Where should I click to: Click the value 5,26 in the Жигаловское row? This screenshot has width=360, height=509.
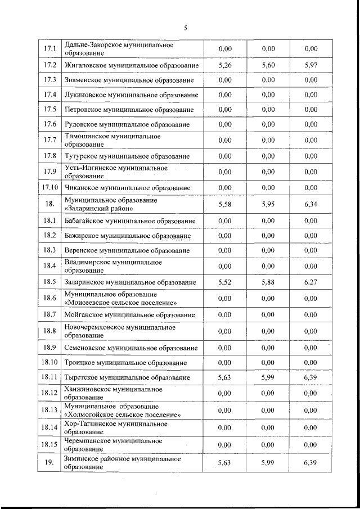(x=225, y=65)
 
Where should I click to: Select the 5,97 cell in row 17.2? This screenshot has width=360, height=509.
(x=311, y=65)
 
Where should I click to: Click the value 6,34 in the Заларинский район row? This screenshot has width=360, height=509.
(x=311, y=204)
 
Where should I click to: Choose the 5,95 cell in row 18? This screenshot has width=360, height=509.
(x=268, y=204)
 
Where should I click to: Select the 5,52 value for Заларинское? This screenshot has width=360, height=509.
(x=225, y=282)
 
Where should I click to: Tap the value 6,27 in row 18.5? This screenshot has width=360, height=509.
(x=311, y=282)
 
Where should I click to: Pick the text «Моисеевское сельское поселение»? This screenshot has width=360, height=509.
(x=121, y=302)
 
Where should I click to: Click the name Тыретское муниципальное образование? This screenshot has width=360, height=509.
(x=127, y=377)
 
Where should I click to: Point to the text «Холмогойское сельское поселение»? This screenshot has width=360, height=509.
(x=123, y=415)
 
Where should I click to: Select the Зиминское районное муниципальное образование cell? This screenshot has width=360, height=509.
(x=122, y=463)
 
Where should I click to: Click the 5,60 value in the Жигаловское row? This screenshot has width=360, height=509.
(x=268, y=65)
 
